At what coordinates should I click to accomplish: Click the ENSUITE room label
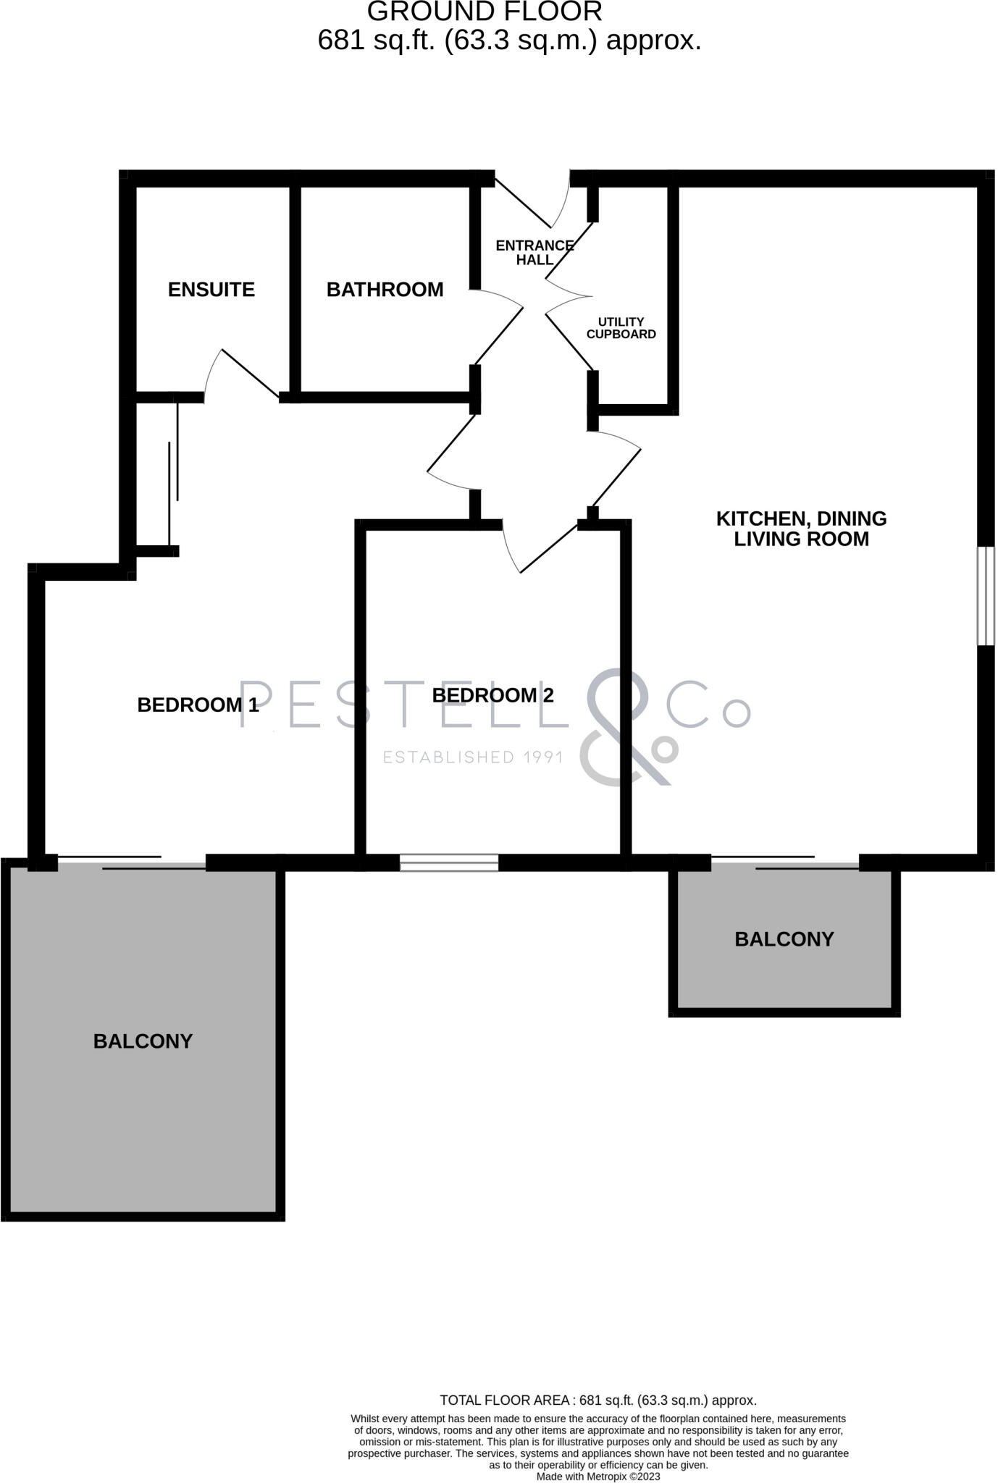tap(211, 290)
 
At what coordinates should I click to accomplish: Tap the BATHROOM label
tap(385, 290)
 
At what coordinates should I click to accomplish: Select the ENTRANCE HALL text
tap(534, 253)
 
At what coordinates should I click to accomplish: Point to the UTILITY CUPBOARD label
tap(621, 328)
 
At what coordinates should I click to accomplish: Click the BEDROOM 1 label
tap(198, 705)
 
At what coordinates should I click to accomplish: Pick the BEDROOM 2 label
tap(492, 695)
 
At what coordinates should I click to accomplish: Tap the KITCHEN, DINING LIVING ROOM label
tap(801, 529)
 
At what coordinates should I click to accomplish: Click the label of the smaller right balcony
tap(784, 939)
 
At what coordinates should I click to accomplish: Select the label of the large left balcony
tap(143, 1041)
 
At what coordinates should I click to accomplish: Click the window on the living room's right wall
tap(986, 596)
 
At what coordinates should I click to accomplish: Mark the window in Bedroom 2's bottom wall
tap(449, 862)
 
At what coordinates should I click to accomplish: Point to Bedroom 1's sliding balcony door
tap(132, 862)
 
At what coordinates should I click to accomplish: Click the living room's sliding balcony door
tap(785, 862)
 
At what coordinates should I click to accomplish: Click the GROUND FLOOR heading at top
tap(485, 12)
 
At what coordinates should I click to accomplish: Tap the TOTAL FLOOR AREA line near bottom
tap(597, 1400)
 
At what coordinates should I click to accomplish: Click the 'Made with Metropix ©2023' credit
tap(597, 1476)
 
